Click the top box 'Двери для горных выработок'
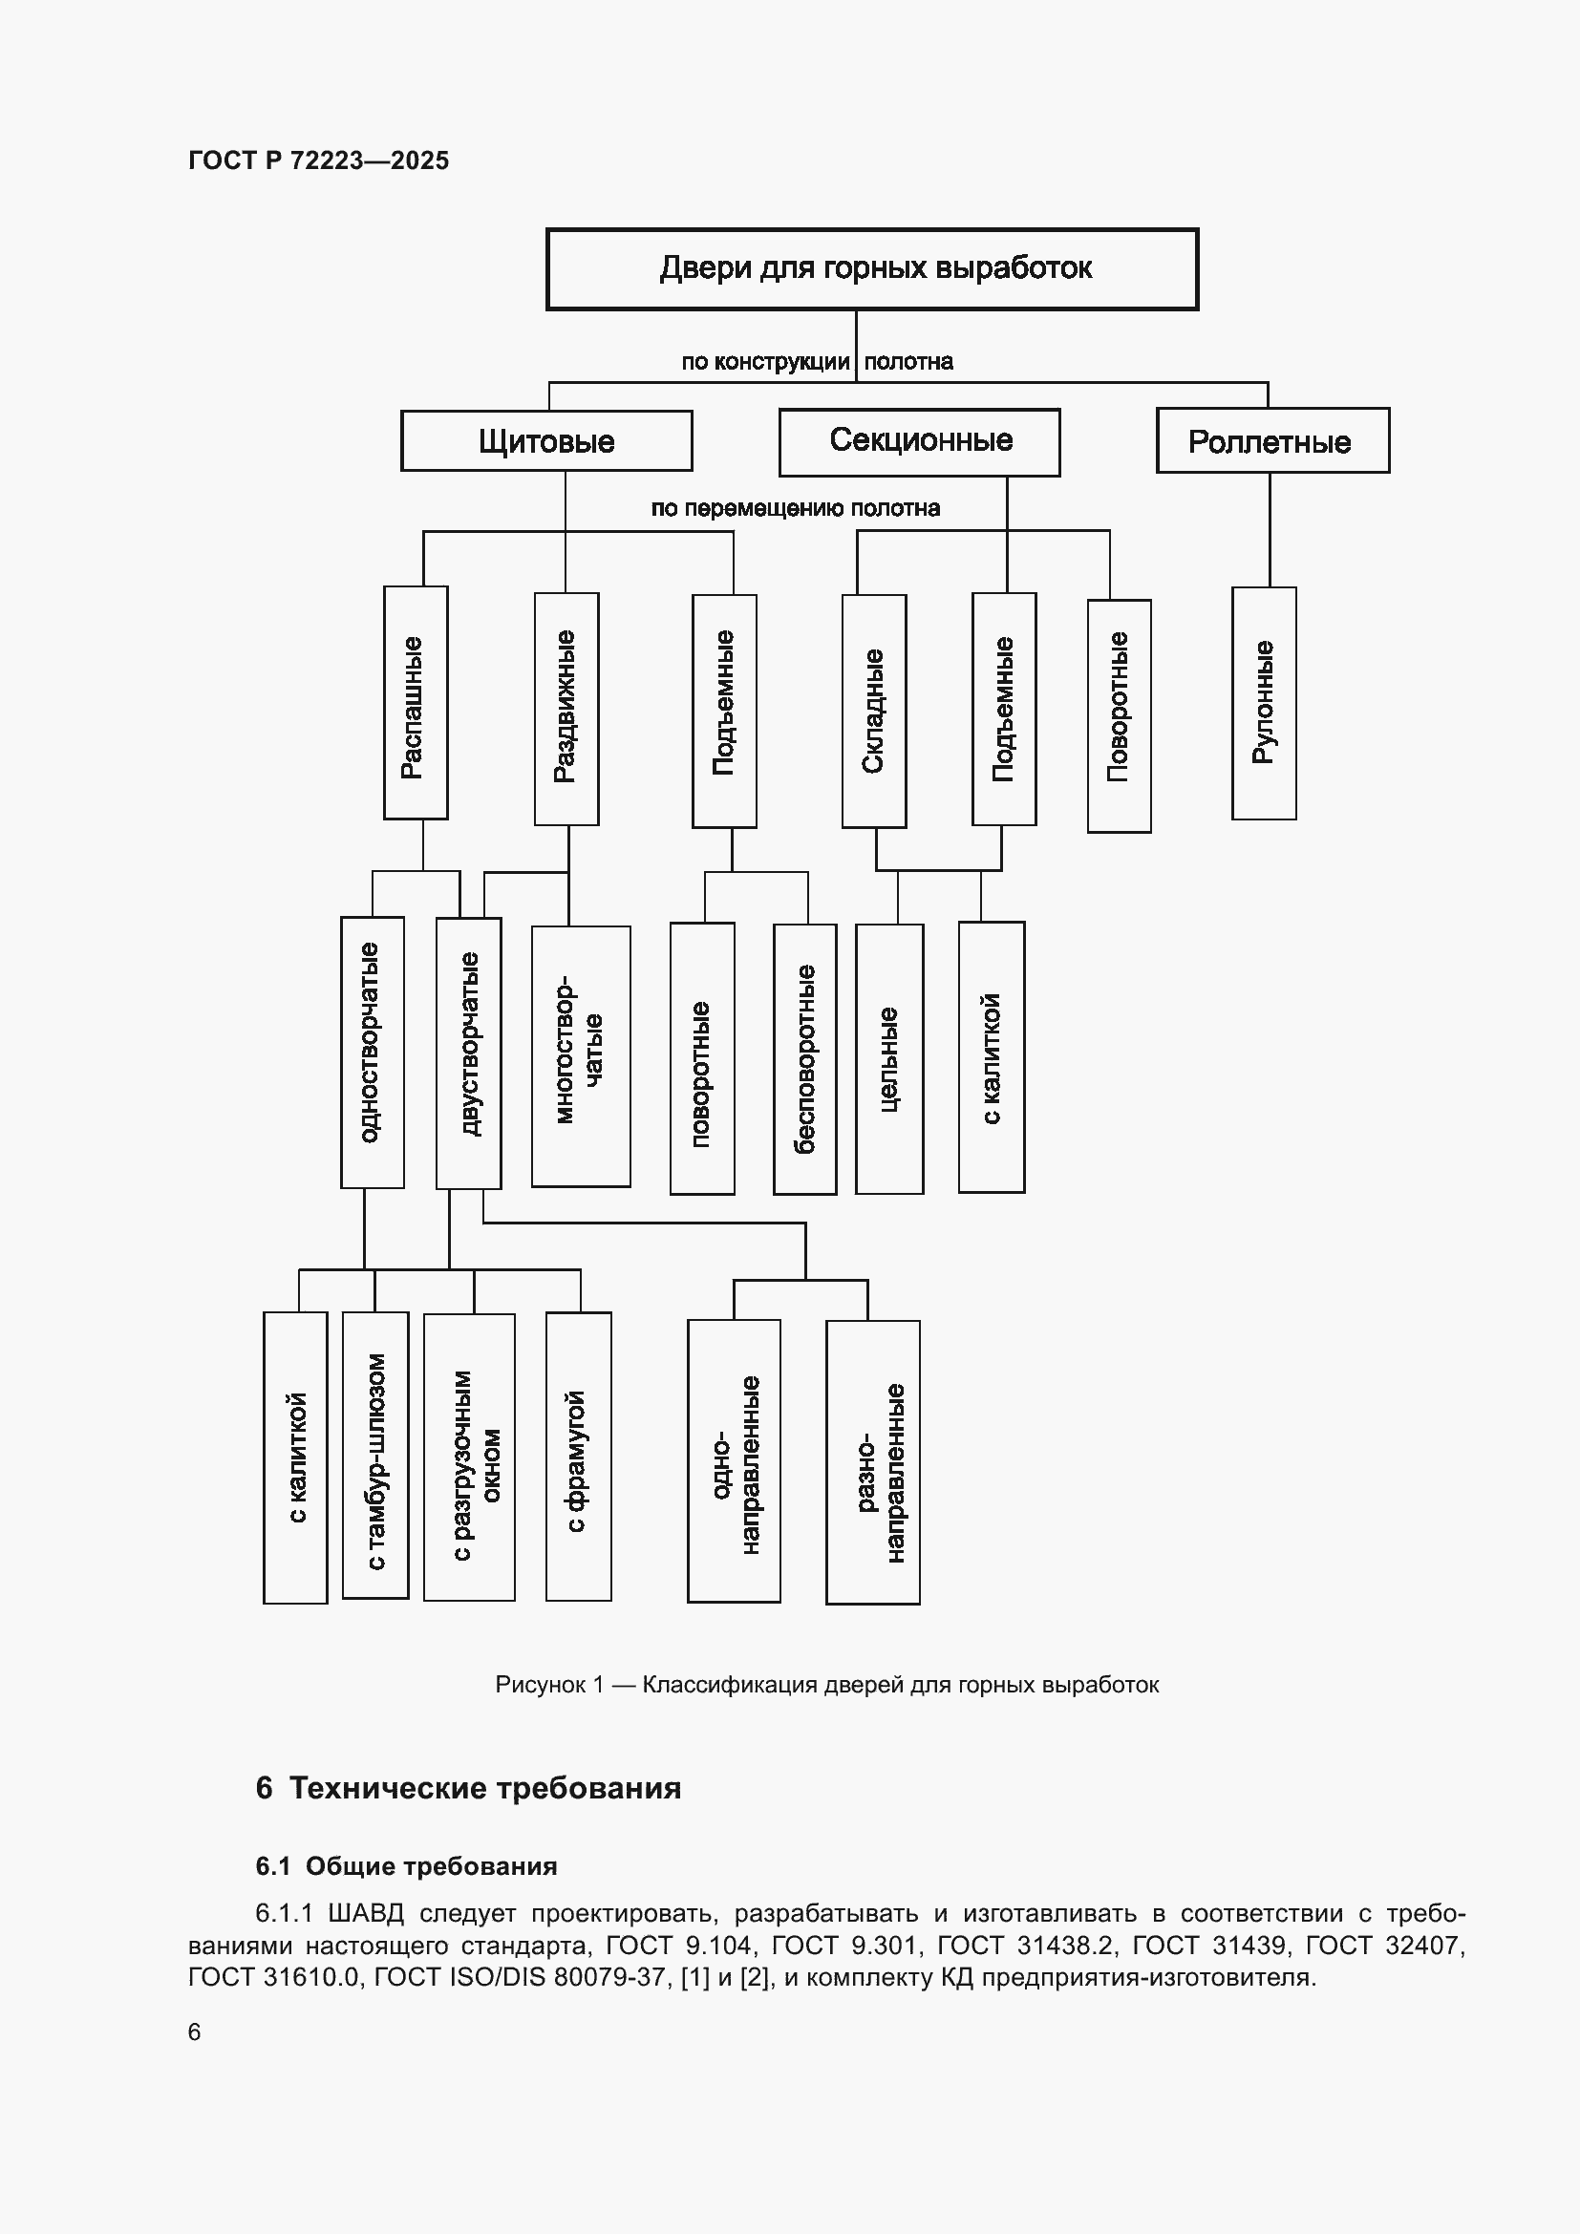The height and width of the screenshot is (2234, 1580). click(x=872, y=268)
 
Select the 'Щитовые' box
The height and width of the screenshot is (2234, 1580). click(x=546, y=440)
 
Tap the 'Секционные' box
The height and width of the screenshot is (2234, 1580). click(x=919, y=442)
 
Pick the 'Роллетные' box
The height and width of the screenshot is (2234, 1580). click(x=1272, y=440)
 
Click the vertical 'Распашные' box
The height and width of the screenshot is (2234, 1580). click(x=416, y=703)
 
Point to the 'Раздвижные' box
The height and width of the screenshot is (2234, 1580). click(x=566, y=709)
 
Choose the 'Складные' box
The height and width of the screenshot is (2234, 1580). click(x=874, y=711)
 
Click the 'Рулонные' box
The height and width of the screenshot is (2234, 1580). click(x=1264, y=703)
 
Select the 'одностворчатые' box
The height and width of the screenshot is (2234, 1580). click(x=372, y=1052)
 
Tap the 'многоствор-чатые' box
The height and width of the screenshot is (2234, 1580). click(x=581, y=1055)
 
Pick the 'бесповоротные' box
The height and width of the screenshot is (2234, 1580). click(x=804, y=1058)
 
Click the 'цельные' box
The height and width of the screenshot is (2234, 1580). click(x=889, y=1058)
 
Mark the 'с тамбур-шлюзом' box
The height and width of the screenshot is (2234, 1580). click(x=375, y=1455)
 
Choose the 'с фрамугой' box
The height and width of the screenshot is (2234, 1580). click(x=579, y=1456)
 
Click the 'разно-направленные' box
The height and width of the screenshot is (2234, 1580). click(x=873, y=1461)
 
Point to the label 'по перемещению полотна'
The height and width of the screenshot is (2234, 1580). click(x=795, y=508)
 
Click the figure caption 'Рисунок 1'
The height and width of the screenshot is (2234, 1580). click(x=549, y=1684)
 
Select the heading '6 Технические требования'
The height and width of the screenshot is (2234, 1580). click(x=468, y=1788)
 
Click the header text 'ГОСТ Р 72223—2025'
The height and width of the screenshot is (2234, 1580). click(x=318, y=160)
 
